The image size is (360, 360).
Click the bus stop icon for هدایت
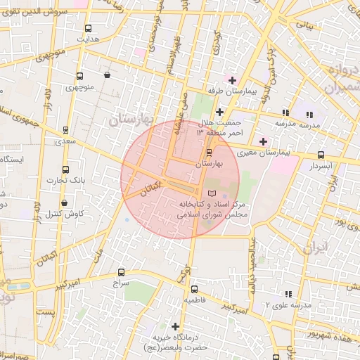click(88, 29)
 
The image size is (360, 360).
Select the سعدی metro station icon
click(65, 130)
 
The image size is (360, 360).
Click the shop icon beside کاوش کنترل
click(65, 203)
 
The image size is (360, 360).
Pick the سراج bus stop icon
click(122, 272)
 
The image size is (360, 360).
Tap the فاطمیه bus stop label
click(194, 300)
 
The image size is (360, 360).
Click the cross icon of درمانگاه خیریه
click(175, 326)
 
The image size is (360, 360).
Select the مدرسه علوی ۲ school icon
click(286, 295)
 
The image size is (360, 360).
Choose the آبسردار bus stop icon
click(321, 155)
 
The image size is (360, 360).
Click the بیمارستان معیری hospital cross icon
click(263, 141)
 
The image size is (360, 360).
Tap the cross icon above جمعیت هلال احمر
click(219, 112)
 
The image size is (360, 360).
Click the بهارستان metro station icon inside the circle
click(209, 153)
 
